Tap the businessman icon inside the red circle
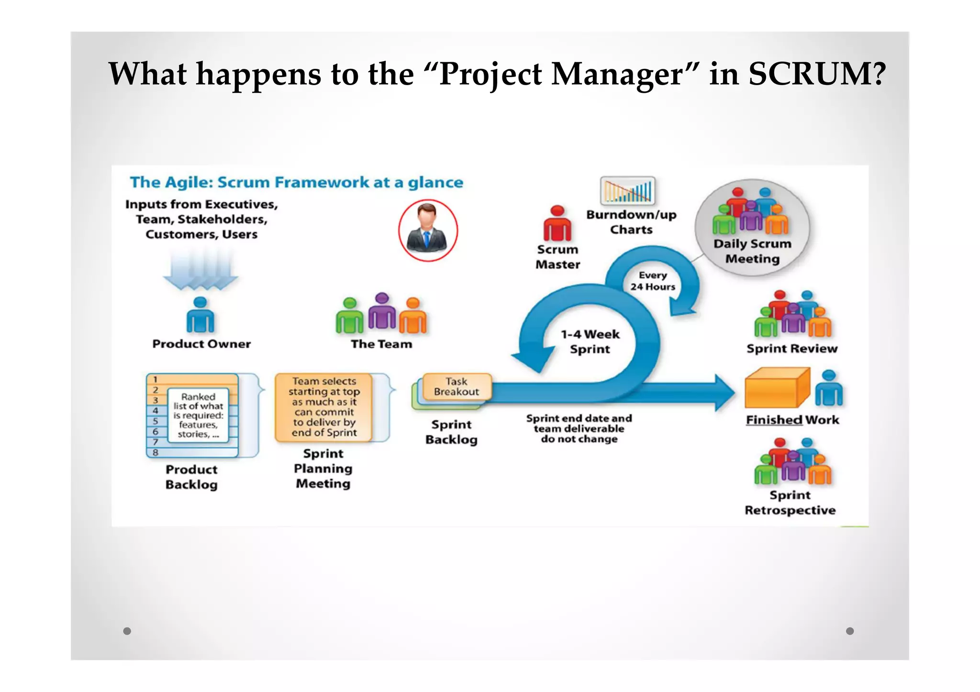(427, 231)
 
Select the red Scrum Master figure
(557, 223)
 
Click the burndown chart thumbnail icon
(627, 191)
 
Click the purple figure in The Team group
(382, 311)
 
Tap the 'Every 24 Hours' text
(653, 281)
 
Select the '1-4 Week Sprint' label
(590, 341)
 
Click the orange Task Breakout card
(457, 387)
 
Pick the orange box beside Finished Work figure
(776, 388)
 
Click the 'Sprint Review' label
(792, 349)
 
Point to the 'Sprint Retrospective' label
(790, 503)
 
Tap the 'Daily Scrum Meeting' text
(752, 251)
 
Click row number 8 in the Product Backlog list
(156, 452)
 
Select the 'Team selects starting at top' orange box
(324, 407)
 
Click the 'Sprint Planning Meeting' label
(323, 469)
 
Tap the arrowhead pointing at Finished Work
(724, 393)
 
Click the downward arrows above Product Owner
(200, 271)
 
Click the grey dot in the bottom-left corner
(127, 631)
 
